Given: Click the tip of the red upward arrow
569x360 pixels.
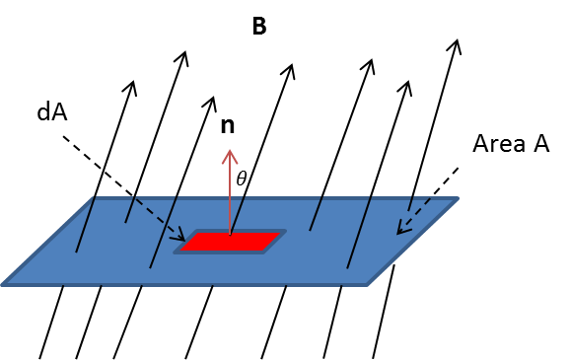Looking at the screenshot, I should click(230, 150).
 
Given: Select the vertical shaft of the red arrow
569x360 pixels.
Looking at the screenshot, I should click(230, 192).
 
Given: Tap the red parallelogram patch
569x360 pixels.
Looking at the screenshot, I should click(231, 242).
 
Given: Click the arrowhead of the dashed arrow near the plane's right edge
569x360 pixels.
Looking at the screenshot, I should click(399, 233).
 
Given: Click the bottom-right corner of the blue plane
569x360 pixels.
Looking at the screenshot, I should click(367, 284).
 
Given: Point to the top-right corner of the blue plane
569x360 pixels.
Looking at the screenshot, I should click(457, 198).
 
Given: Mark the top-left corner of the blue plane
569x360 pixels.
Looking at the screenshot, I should click(95, 198).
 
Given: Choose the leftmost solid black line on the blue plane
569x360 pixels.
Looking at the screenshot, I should click(85, 225).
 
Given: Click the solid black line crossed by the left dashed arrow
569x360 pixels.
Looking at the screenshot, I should click(164, 232).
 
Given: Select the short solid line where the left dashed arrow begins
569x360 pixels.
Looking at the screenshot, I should click(130, 209).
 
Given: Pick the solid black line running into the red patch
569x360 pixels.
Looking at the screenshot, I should click(238, 214).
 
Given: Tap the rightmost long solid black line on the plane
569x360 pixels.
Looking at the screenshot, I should click(359, 232).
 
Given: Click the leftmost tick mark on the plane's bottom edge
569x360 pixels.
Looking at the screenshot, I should click(63, 286).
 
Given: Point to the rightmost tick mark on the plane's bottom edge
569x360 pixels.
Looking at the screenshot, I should click(341, 286).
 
